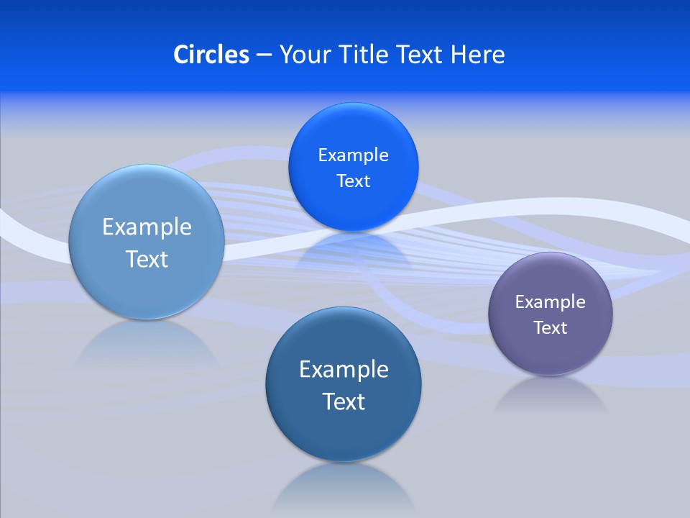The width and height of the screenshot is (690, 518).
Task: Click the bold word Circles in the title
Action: (x=211, y=55)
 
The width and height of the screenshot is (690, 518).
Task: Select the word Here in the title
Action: (x=478, y=55)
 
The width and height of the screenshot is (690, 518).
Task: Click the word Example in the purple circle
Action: (x=550, y=302)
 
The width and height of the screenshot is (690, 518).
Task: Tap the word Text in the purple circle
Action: (x=550, y=328)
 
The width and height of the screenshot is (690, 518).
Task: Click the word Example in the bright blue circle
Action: (x=353, y=155)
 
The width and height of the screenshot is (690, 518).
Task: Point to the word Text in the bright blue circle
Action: (x=353, y=181)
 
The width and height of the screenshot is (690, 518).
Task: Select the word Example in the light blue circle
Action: (x=147, y=227)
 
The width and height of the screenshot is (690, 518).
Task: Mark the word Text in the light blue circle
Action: (x=147, y=259)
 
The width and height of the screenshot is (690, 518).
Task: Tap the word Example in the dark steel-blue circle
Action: (x=344, y=370)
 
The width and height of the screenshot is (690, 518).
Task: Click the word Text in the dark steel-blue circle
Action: (x=344, y=401)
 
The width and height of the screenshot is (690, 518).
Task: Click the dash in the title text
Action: (x=264, y=55)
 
